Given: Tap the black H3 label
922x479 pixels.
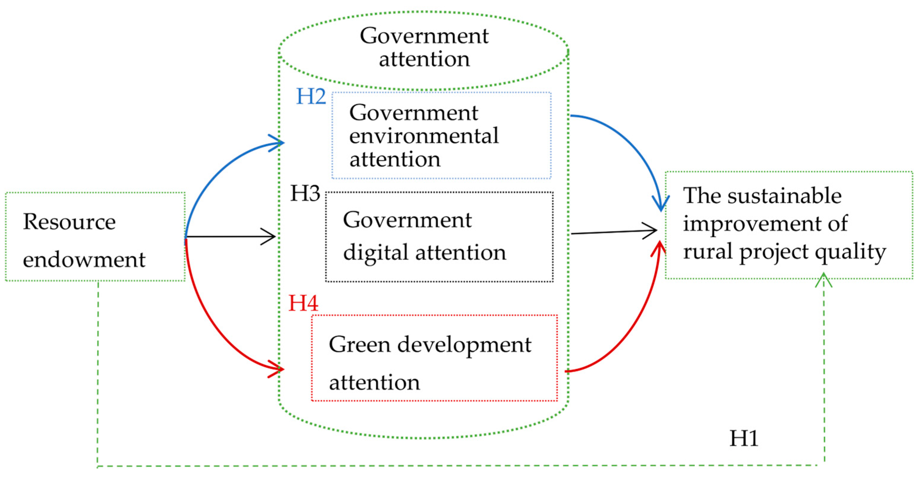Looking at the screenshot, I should (x=305, y=193).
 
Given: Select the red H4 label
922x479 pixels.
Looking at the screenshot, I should (x=303, y=303).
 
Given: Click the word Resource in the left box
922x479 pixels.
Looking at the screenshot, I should (x=69, y=222).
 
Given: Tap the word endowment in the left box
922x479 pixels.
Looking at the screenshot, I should (x=84, y=259).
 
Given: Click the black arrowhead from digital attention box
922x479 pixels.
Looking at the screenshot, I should (x=651, y=230).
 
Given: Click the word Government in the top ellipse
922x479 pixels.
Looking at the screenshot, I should (x=424, y=36).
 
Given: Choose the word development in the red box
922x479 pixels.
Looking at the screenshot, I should (x=464, y=345).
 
